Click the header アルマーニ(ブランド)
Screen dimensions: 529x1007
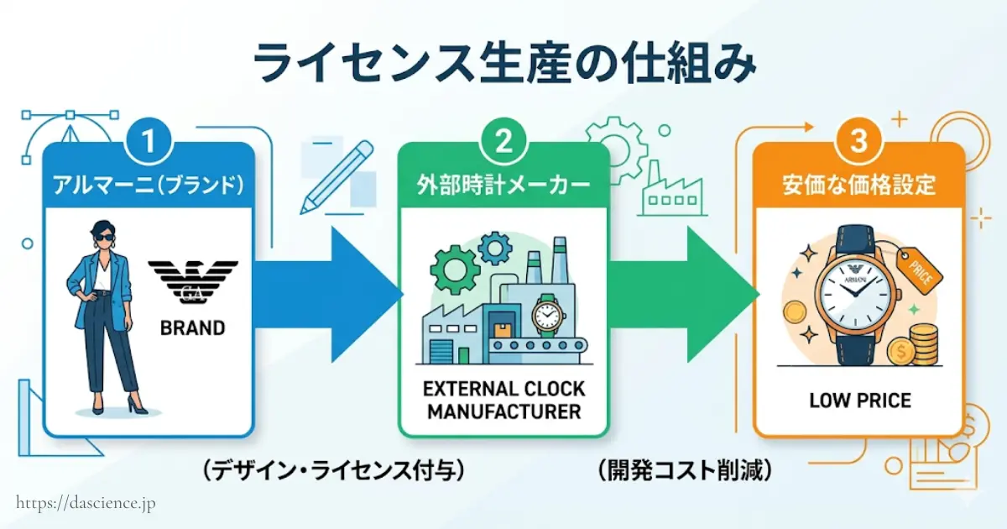pyautogui.click(x=149, y=185)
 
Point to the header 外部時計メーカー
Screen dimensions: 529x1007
pyautogui.click(x=503, y=185)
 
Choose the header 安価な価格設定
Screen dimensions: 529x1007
pyautogui.click(x=858, y=185)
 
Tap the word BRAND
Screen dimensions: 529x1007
pyautogui.click(x=192, y=327)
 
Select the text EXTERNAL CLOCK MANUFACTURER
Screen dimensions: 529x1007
pyautogui.click(x=503, y=401)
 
